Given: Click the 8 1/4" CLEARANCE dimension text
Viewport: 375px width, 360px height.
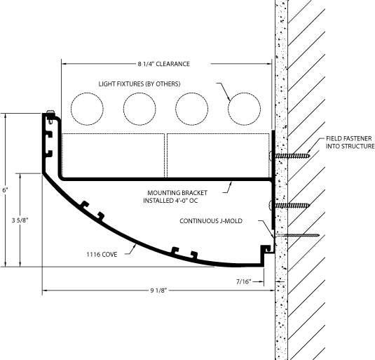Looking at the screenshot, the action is click(x=163, y=64).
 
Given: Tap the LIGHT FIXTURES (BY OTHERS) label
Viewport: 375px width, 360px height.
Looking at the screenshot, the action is click(x=139, y=84).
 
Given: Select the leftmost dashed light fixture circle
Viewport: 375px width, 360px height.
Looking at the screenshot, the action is click(x=87, y=109).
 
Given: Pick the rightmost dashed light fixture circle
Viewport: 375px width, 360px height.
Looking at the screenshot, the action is click(x=244, y=109).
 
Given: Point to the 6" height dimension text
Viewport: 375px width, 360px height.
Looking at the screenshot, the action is click(x=5, y=190).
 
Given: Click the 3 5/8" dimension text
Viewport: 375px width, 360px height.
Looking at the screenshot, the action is click(x=20, y=220).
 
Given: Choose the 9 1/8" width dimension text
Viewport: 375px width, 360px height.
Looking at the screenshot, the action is click(x=158, y=291).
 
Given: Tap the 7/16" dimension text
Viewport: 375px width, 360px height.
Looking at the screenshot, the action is click(x=244, y=281).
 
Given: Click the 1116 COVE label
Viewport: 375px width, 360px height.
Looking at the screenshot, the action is click(x=102, y=254).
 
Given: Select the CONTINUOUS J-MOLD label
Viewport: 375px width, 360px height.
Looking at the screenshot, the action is click(x=211, y=220).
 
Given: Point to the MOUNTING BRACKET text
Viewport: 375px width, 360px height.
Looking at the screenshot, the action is click(x=177, y=193).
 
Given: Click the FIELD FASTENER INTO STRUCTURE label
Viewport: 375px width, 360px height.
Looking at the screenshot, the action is click(x=350, y=142).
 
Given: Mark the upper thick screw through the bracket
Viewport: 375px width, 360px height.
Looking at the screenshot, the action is click(x=289, y=156).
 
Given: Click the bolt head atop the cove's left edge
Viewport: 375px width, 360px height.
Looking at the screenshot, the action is click(x=50, y=112).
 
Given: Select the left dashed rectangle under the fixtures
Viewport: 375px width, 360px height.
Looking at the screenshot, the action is click(x=113, y=156).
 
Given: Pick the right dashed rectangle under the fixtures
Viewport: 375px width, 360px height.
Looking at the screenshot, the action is click(x=219, y=156).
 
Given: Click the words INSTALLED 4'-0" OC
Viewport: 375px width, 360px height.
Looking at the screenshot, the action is click(x=170, y=200).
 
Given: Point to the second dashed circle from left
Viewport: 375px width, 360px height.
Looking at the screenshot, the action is click(x=139, y=109).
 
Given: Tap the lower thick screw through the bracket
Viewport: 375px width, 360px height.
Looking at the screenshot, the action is click(x=289, y=205).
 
